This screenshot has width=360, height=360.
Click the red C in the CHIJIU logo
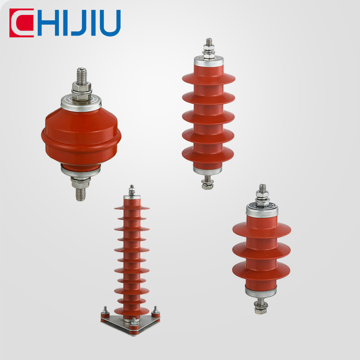(20, 23)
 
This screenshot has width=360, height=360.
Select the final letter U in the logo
(110, 23)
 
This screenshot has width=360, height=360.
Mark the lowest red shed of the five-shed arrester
(208, 153)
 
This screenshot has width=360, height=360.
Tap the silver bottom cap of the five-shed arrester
(208, 169)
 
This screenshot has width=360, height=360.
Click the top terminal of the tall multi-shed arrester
(131, 189)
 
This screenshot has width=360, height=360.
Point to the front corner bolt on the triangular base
(133, 323)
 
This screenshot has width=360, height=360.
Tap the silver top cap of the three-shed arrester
(261, 210)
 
